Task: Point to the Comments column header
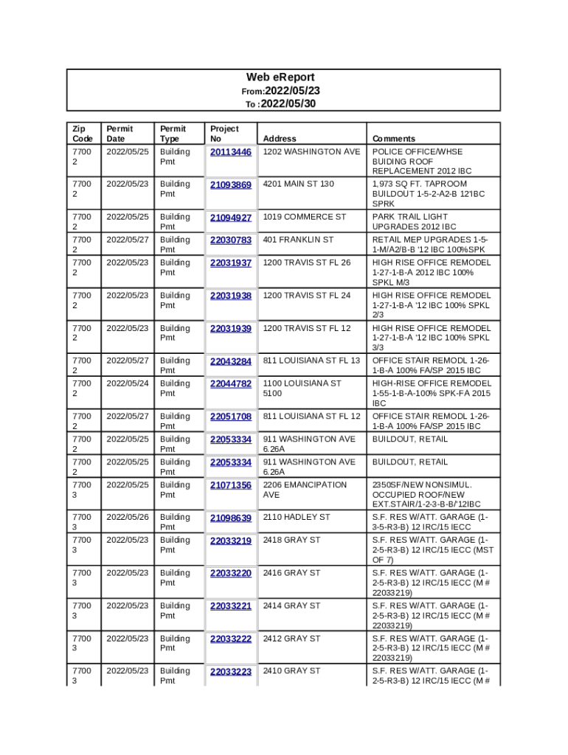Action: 393,139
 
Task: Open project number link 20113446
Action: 231,153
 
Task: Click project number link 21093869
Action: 231,185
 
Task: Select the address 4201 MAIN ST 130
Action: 298,184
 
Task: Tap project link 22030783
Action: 231,240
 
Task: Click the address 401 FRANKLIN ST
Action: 298,240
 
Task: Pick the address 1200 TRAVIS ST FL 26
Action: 307,262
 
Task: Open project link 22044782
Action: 231,384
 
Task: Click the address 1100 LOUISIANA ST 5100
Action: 302,389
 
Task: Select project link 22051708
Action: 231,417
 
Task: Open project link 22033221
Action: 231,606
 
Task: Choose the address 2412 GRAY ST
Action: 291,639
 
